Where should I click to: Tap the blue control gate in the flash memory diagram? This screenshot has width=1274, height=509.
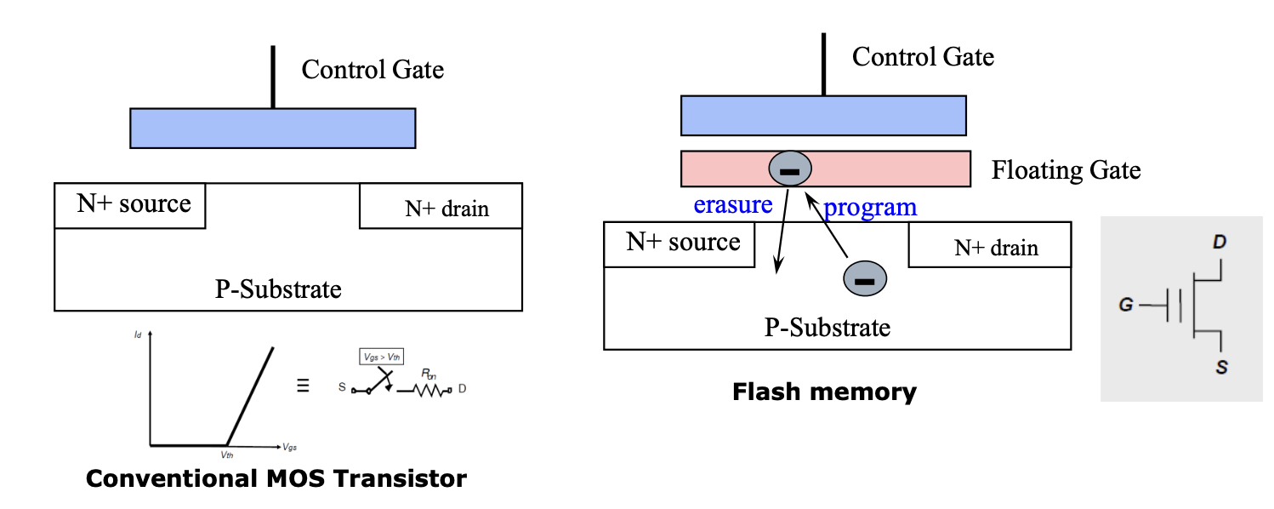(823, 116)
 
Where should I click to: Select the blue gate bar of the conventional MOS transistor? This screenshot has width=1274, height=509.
(272, 128)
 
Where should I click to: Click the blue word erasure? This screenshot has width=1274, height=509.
(732, 205)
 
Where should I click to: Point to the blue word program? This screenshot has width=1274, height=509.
(871, 207)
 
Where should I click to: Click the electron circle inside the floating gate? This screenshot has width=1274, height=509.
(790, 169)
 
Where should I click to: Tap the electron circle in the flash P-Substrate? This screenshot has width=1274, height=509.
(864, 278)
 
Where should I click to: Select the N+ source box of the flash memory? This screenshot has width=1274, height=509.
(678, 243)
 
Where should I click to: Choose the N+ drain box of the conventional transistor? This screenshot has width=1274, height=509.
(441, 206)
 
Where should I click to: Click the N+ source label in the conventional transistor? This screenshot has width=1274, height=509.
(134, 204)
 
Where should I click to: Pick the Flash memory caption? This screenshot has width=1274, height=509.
(824, 392)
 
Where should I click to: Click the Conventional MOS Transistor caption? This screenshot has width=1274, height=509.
(276, 478)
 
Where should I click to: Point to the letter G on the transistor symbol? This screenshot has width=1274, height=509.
(1126, 305)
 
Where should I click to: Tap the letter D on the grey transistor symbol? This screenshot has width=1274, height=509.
(1220, 243)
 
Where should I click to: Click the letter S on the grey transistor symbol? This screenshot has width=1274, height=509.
(1220, 369)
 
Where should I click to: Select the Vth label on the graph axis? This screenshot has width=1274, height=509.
(227, 455)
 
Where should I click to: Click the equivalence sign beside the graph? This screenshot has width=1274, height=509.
(302, 386)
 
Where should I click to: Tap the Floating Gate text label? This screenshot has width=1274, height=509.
(1066, 170)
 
